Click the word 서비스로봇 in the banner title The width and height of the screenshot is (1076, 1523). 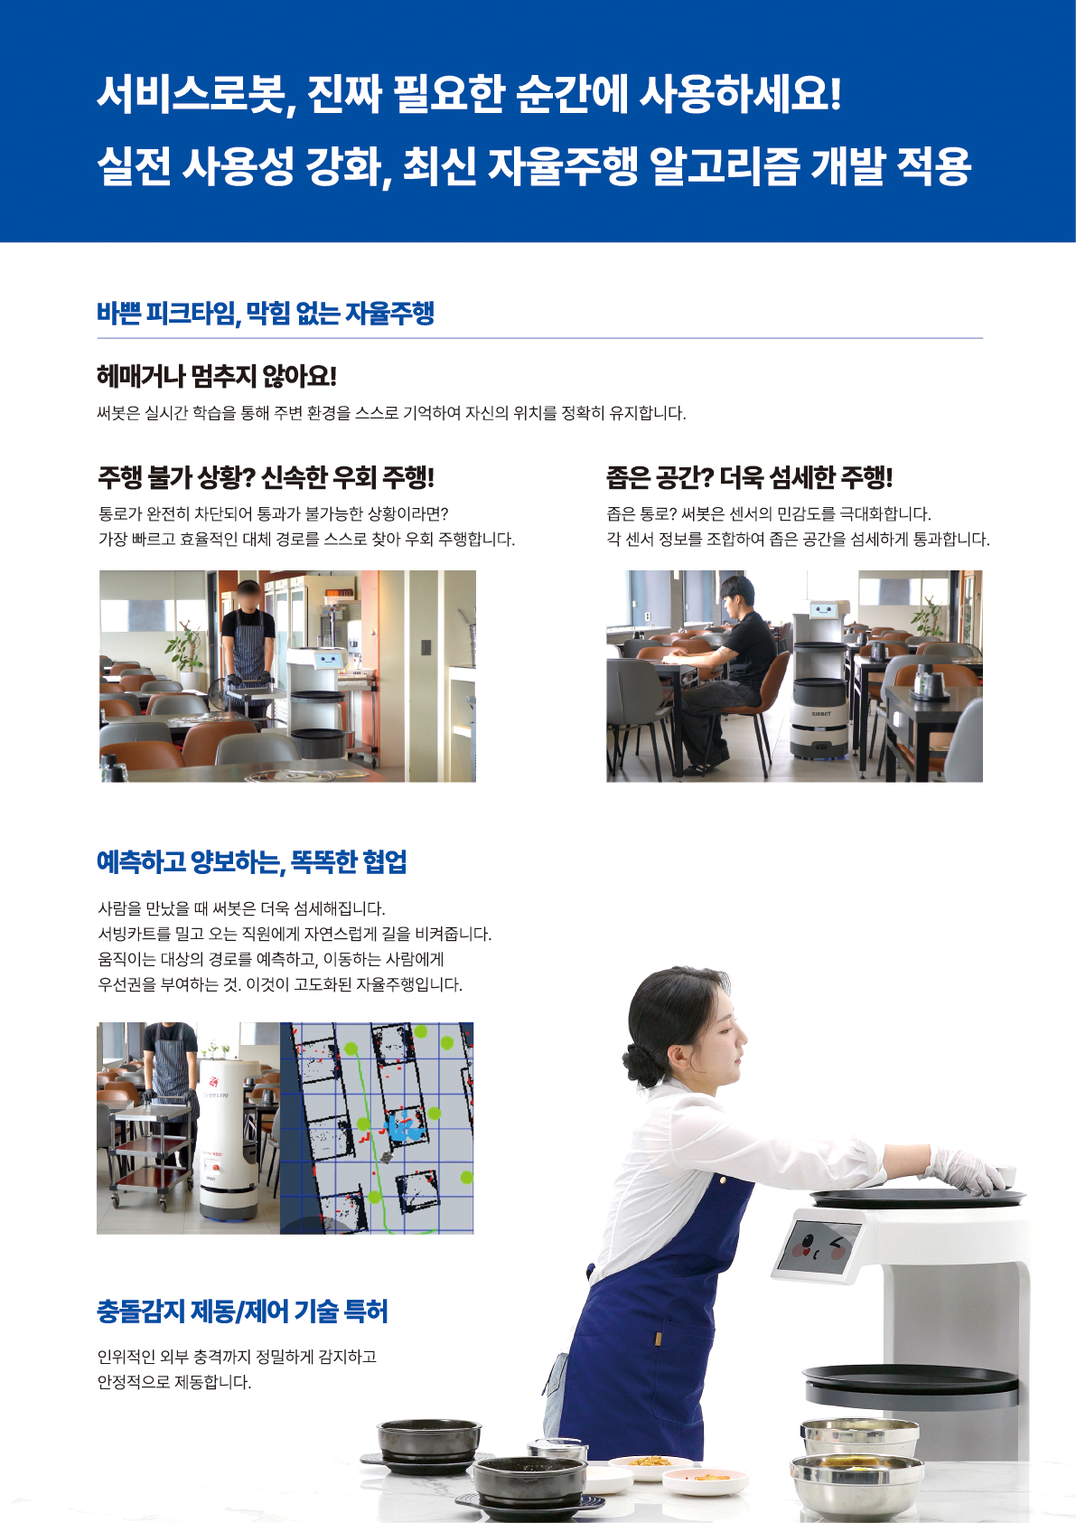(192, 94)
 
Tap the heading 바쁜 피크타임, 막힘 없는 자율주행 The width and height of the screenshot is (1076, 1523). (265, 314)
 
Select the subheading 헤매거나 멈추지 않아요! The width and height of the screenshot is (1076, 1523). (217, 376)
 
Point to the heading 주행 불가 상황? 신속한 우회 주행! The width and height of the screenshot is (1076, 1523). (266, 477)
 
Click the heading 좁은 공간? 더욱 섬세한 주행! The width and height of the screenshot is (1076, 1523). (749, 477)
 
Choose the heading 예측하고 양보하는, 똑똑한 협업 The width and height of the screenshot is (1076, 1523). (251, 861)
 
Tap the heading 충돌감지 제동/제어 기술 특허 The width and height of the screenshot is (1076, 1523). (242, 1311)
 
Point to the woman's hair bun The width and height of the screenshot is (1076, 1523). (641, 1063)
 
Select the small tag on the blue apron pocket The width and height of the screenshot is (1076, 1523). (658, 1340)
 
